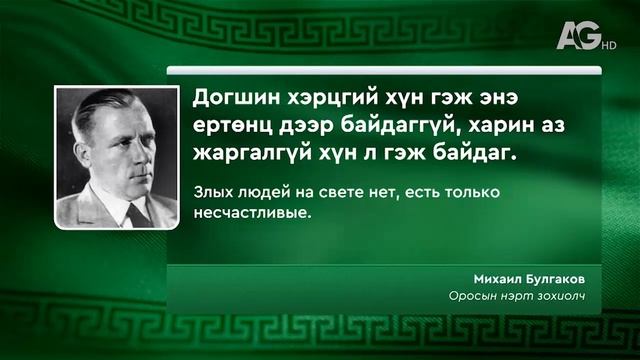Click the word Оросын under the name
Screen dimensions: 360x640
coord(470,296)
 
